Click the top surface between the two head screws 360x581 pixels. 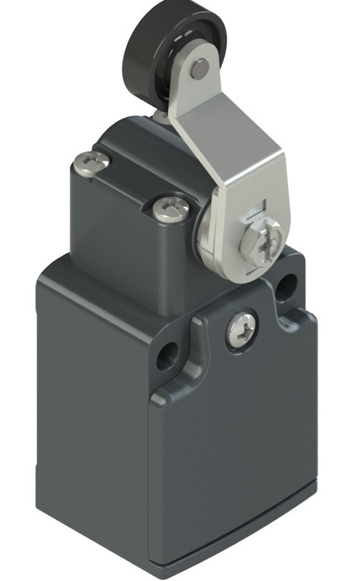tap(129, 177)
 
